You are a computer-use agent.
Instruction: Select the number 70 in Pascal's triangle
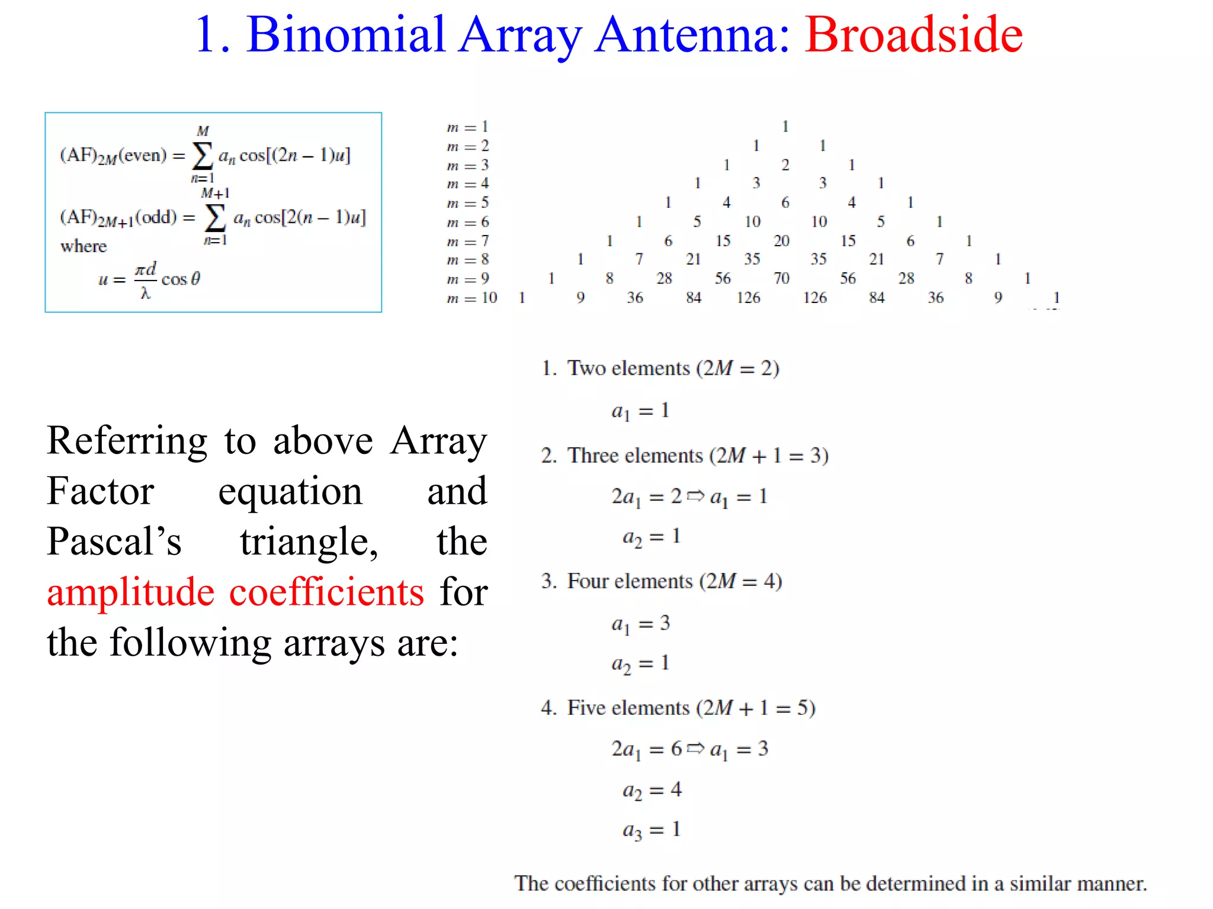[x=782, y=278]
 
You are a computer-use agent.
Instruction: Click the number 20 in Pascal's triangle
[x=782, y=241]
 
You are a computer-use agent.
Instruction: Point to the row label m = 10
[x=471, y=298]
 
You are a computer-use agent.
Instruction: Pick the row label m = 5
[x=468, y=203]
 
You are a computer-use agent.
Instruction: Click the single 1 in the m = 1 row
[x=785, y=126]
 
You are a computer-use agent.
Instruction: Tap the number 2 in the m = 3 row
[x=785, y=165]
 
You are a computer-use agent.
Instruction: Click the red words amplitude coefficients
[x=235, y=592]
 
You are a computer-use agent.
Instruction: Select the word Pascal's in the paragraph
[x=114, y=541]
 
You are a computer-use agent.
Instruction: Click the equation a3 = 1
[x=652, y=830]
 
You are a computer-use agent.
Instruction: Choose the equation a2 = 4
[x=652, y=790]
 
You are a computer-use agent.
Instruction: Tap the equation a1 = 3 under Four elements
[x=640, y=624]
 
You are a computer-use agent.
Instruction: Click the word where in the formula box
[x=84, y=246]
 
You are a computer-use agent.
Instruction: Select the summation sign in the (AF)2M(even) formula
[x=202, y=156]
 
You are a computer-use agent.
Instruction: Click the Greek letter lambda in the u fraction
[x=146, y=293]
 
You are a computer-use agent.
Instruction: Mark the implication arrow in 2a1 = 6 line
[x=696, y=748]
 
